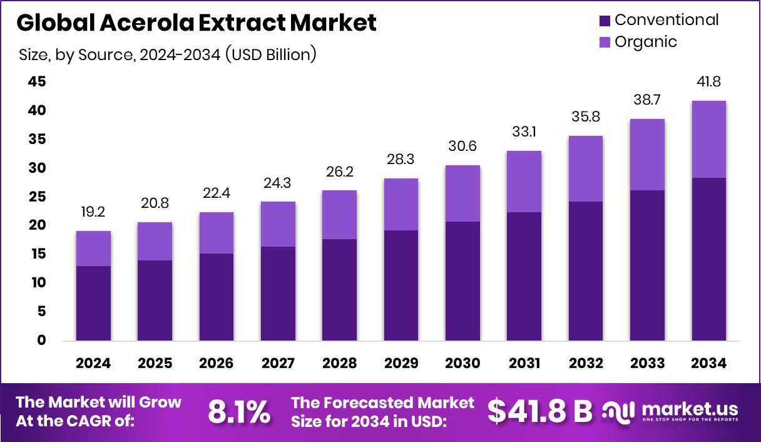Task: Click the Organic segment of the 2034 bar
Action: click(x=708, y=139)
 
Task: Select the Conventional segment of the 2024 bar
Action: click(x=93, y=303)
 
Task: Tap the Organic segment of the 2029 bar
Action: click(x=401, y=204)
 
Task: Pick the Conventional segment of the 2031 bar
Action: click(x=524, y=276)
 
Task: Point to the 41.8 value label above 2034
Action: click(x=708, y=82)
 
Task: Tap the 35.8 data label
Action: click(x=586, y=116)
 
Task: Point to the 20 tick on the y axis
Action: click(x=37, y=225)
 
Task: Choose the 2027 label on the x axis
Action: click(x=278, y=364)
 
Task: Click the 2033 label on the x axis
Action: click(x=647, y=364)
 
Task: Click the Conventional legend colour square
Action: click(x=605, y=21)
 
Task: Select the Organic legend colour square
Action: click(x=605, y=43)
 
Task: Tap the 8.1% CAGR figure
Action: click(x=239, y=411)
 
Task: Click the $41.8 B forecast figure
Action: click(x=539, y=411)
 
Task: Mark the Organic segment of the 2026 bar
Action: click(x=217, y=233)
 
